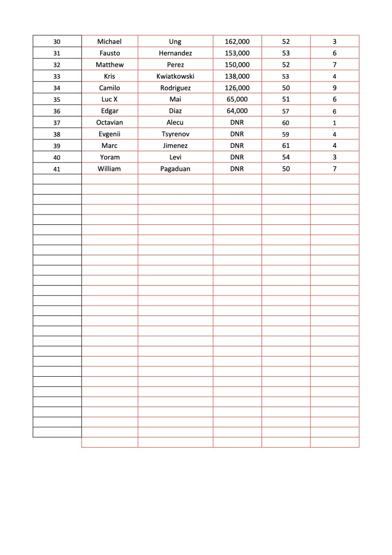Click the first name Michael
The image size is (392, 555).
coord(109,42)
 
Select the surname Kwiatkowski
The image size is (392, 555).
coord(175,76)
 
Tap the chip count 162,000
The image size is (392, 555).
coord(237,42)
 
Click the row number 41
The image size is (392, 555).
coord(57,169)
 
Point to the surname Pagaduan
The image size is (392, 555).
coord(175,169)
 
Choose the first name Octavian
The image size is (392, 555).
coord(109,122)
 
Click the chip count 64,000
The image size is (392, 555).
coord(237,111)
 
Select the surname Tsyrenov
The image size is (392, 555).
coord(175,134)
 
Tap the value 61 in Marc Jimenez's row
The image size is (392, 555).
coord(286,146)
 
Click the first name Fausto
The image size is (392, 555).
coord(109,53)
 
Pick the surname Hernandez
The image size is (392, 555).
coord(175,53)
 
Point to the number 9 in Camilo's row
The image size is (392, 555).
coord(335,88)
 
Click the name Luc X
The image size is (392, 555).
coord(109,99)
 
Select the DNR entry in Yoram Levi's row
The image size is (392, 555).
coord(237,157)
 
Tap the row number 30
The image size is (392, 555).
coord(57,42)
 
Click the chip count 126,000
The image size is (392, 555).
coord(237,88)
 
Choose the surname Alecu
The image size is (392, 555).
coord(175,122)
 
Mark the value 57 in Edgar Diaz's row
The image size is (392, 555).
coord(286,111)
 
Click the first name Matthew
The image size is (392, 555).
coord(109,65)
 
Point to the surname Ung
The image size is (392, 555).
coord(175,42)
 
